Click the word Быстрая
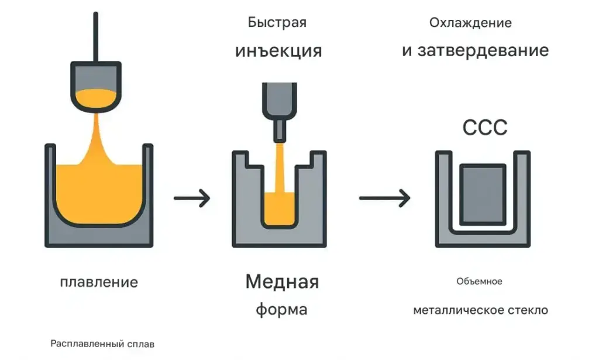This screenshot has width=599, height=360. point(277,23)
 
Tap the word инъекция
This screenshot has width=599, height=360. point(278,50)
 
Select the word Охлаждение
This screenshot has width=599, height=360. point(470,23)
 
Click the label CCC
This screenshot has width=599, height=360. point(484,127)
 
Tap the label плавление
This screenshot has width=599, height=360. point(99,282)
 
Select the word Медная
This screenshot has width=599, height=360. point(282,282)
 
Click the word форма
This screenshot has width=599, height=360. point(281,309)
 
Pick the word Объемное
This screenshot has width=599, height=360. point(479,282)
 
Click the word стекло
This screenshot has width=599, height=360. point(531,310)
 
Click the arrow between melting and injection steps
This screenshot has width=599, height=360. point(192,198)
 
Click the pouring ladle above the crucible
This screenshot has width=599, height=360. point(96,85)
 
